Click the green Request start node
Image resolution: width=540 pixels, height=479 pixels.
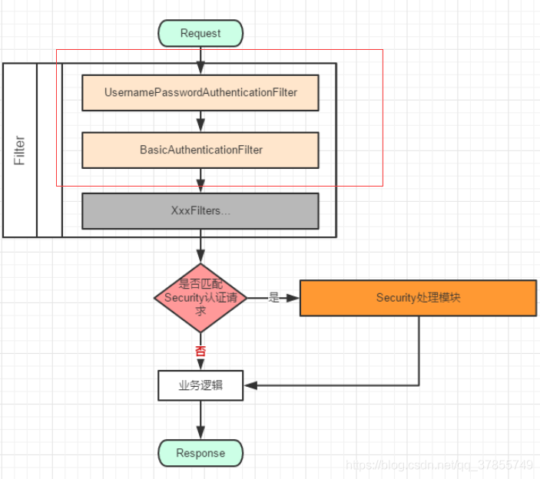200,33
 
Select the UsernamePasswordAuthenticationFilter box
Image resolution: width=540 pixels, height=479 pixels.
200,92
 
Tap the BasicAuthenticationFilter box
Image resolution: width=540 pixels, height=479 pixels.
200,150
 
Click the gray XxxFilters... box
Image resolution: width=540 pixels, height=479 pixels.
200,210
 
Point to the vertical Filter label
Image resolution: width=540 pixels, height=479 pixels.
20,150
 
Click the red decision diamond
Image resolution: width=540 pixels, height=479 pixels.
200,298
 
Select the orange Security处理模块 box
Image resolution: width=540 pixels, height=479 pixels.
418,298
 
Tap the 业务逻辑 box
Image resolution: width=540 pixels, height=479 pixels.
200,385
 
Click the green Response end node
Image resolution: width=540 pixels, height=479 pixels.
200,453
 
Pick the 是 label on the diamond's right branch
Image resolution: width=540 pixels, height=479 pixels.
273,298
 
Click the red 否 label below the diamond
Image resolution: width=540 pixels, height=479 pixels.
200,350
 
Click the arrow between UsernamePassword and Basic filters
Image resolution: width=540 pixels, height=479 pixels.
200,121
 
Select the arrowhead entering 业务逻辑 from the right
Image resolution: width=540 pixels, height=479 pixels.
250,385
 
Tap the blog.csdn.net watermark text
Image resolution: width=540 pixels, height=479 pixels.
439,465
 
